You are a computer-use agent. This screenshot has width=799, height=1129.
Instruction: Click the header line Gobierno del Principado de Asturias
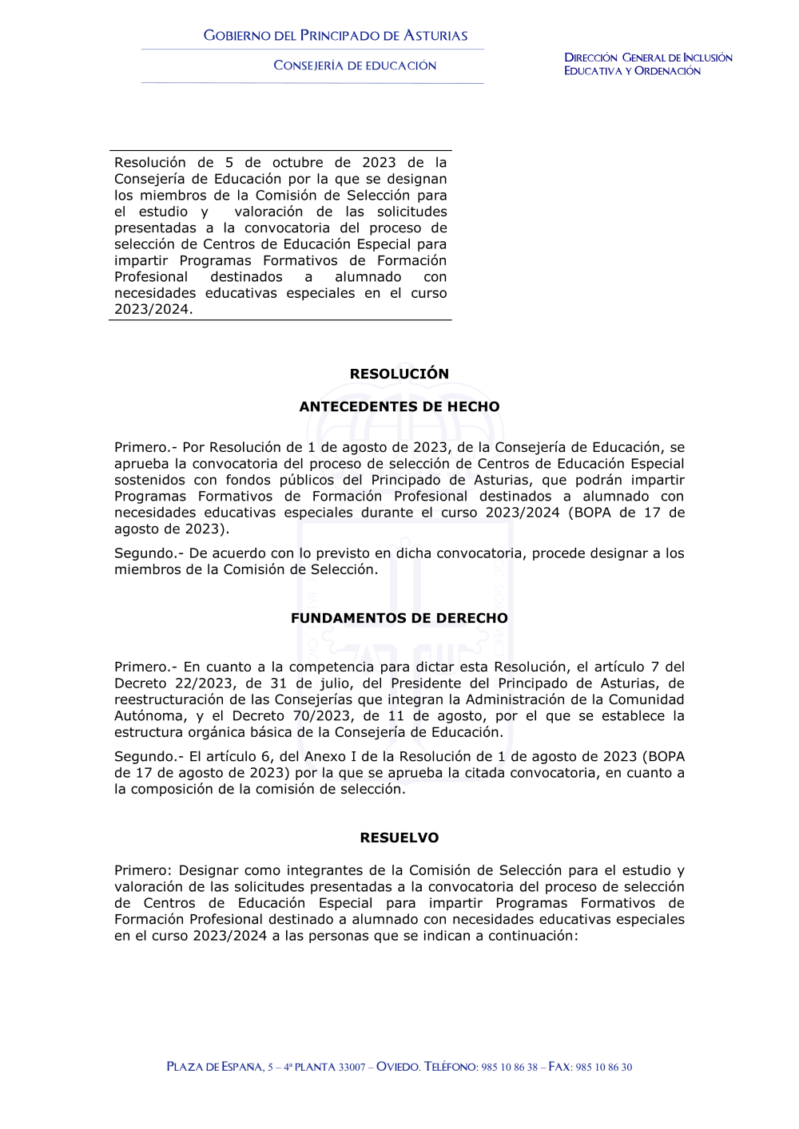[336, 36]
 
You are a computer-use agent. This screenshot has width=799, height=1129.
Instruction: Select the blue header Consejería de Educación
[355, 65]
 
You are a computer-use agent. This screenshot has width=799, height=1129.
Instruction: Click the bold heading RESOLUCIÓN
[399, 374]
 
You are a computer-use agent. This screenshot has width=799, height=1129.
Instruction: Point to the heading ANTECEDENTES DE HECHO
[399, 406]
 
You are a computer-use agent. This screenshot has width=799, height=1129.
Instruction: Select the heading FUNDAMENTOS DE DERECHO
[399, 618]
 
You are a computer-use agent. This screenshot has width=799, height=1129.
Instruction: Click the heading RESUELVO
[399, 838]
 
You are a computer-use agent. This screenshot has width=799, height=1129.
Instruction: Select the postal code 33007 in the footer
[352, 1068]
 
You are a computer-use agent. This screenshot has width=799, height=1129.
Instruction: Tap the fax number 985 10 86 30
[604, 1068]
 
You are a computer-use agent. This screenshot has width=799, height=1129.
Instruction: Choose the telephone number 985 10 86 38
[510, 1068]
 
